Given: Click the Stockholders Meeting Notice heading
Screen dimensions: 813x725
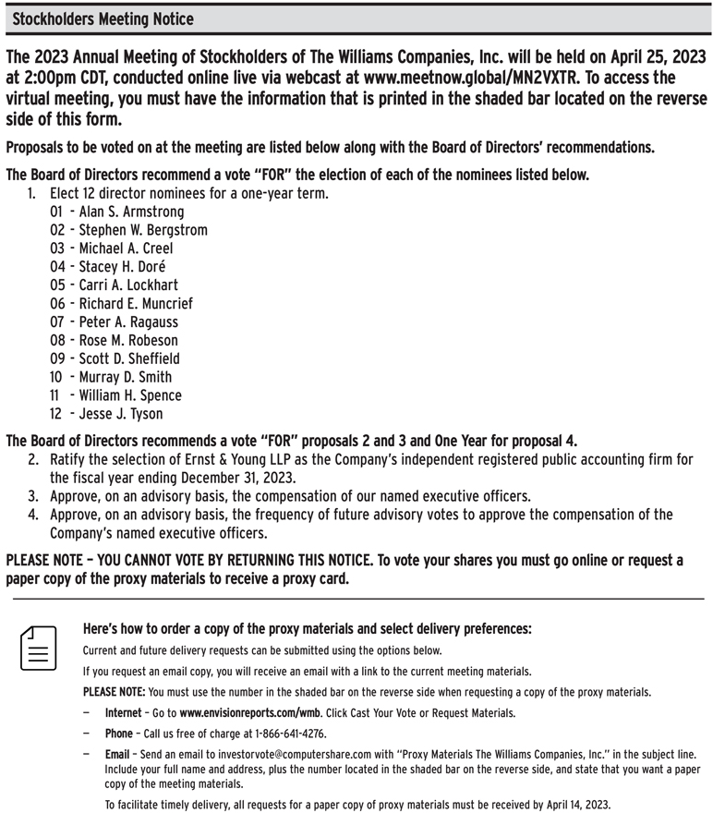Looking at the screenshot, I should tap(103, 18).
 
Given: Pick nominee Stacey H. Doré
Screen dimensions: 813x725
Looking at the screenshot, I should tap(125, 267).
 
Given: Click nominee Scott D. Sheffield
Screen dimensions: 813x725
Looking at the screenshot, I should tap(128, 358).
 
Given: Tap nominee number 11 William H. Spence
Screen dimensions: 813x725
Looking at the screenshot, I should tap(129, 395).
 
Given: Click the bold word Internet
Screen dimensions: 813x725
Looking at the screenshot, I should tap(123, 713).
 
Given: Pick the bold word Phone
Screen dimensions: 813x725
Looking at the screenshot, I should tap(118, 734).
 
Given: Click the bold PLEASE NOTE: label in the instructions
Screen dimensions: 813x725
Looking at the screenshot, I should tap(114, 692).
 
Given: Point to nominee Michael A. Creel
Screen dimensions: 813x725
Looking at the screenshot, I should tap(126, 249).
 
